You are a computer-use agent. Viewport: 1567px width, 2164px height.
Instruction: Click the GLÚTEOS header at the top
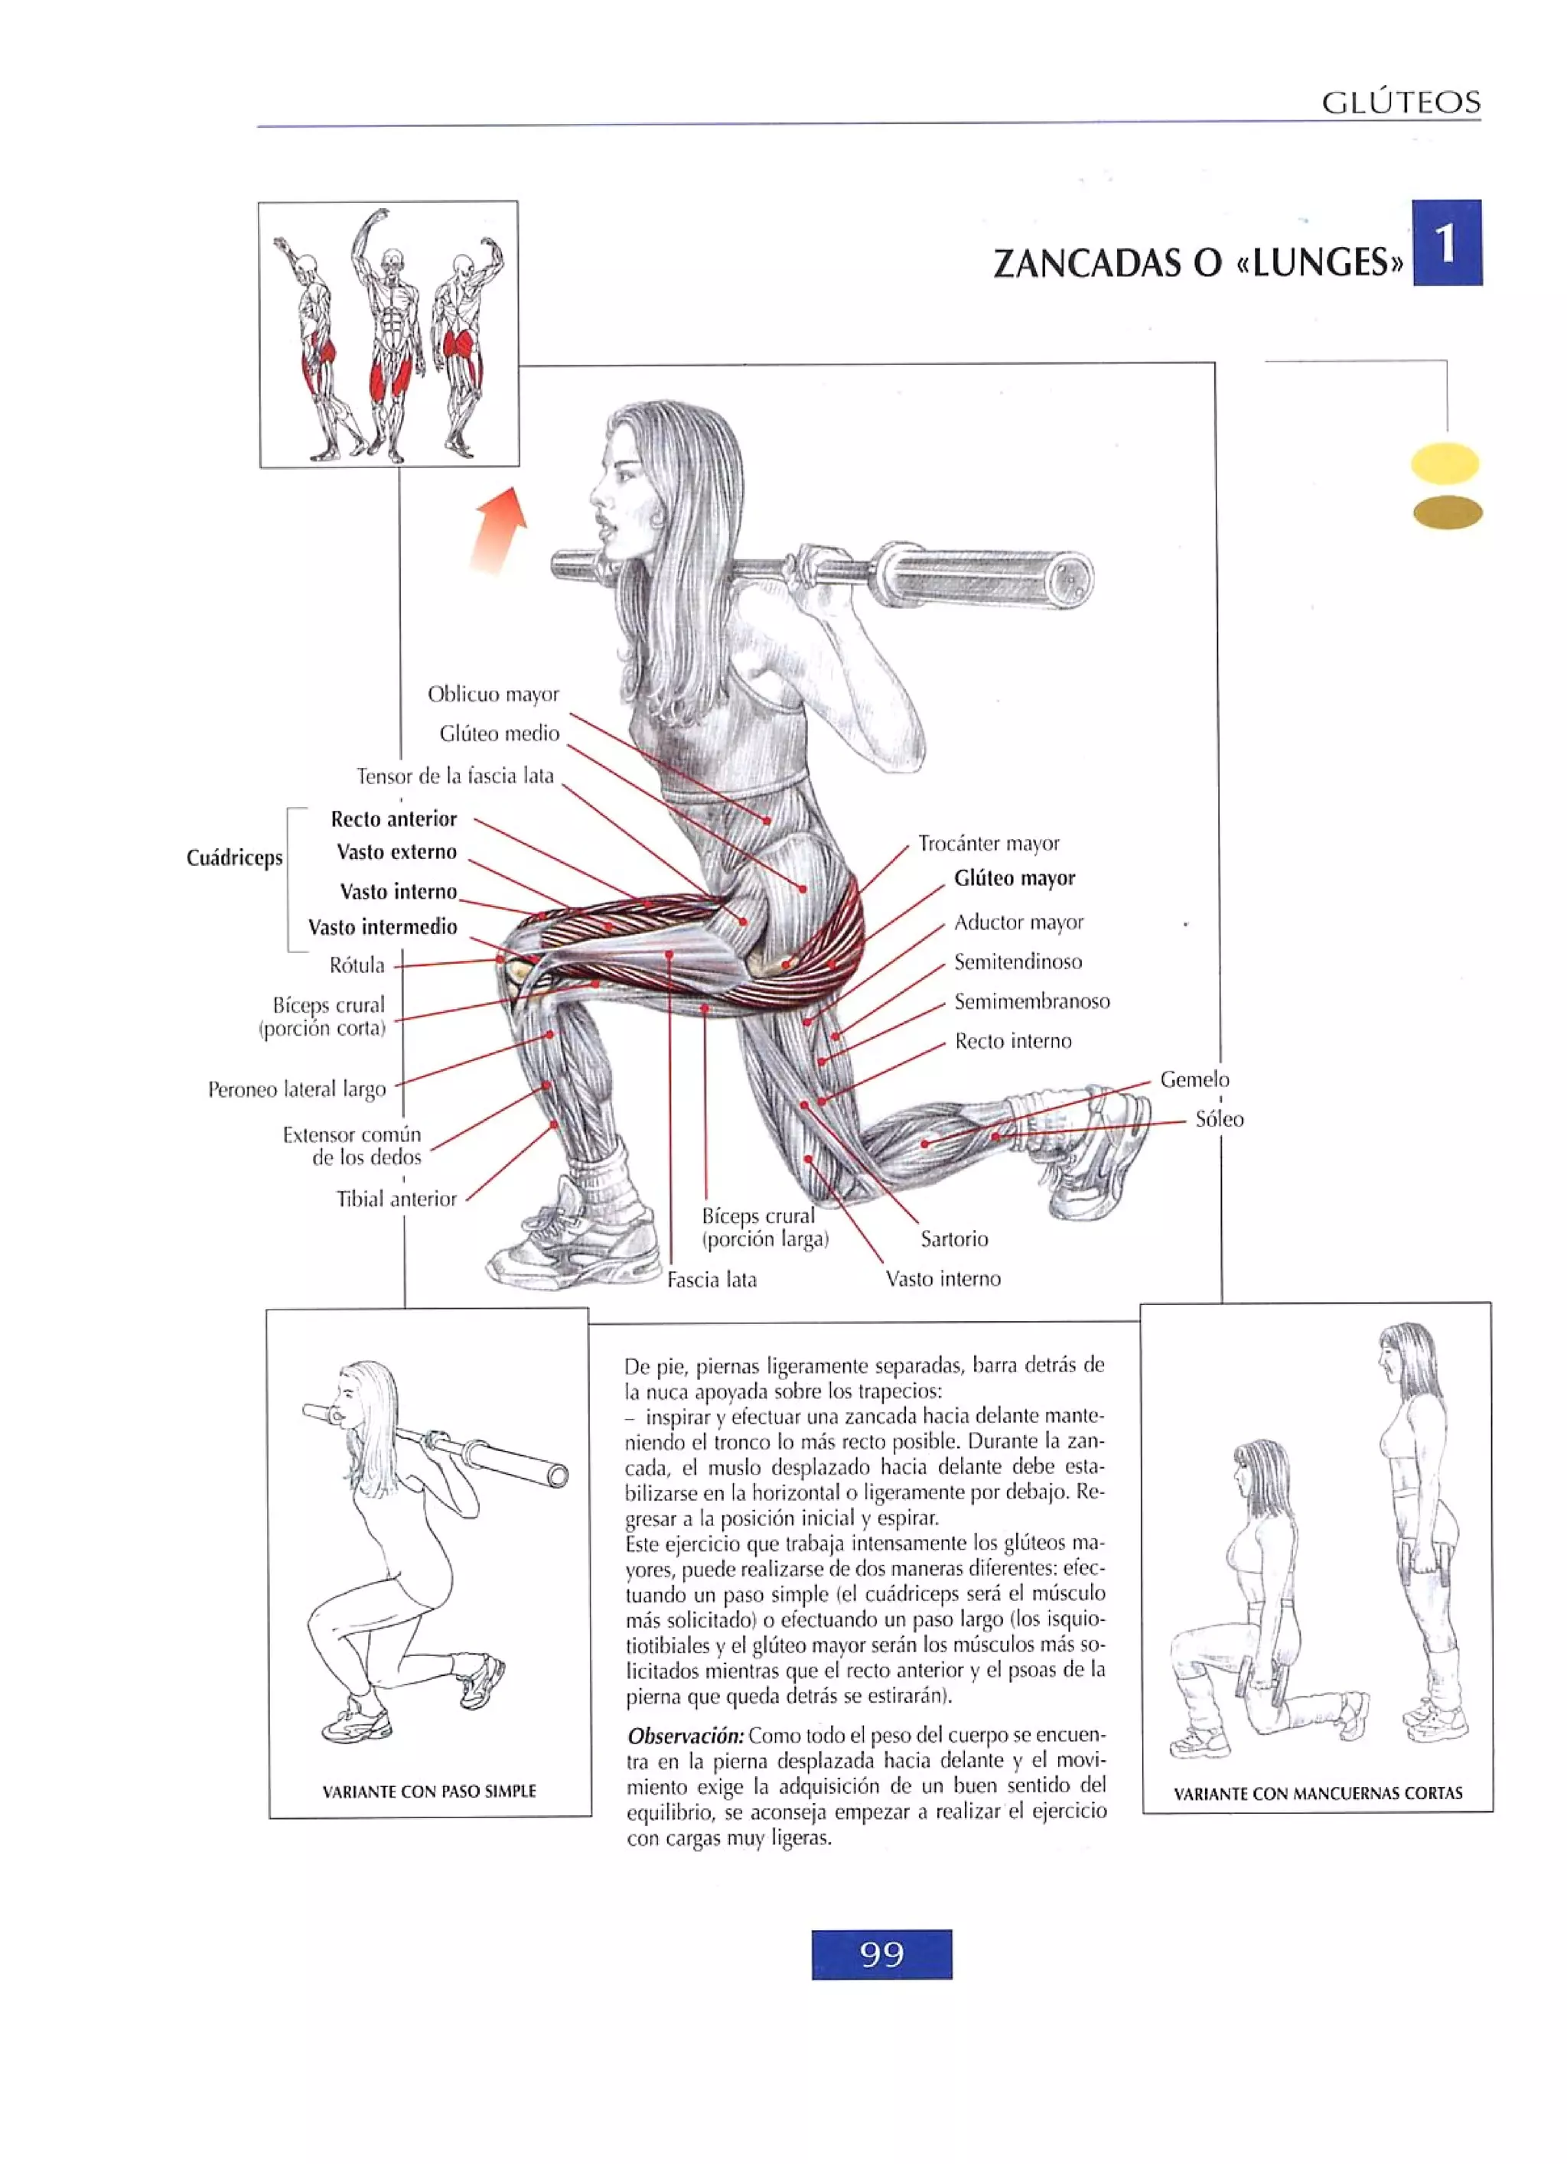[x=1400, y=102]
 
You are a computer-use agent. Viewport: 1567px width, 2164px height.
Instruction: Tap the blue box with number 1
[x=1446, y=242]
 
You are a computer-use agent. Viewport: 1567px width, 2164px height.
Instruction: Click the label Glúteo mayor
[x=1014, y=878]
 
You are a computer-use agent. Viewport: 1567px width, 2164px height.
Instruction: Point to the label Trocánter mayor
[x=989, y=844]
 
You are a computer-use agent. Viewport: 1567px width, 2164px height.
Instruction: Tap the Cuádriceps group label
[x=235, y=857]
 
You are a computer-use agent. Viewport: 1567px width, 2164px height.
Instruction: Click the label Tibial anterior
[x=396, y=1199]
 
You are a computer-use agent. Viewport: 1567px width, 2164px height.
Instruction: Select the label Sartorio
[x=953, y=1238]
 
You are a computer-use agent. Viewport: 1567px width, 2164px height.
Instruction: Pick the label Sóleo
[x=1219, y=1119]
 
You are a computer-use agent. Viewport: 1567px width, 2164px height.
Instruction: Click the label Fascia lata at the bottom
[x=711, y=1280]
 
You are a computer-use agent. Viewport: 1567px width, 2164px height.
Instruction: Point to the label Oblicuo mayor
[x=493, y=694]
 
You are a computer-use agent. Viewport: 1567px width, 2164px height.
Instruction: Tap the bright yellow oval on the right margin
[x=1444, y=464]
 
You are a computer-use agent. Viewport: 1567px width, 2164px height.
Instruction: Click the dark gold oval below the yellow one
[x=1447, y=513]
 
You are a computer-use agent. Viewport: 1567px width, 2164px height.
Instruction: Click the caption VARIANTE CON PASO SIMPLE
[x=428, y=1791]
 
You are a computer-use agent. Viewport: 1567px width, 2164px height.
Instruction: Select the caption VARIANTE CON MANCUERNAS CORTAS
[x=1317, y=1793]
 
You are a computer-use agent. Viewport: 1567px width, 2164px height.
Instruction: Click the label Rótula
[x=357, y=965]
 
